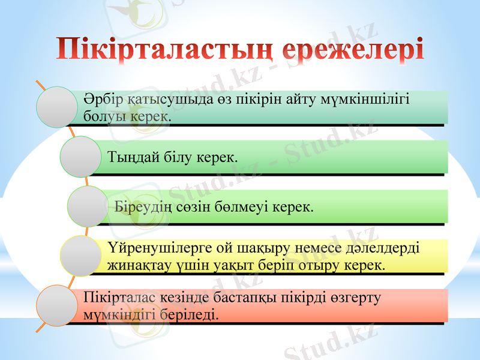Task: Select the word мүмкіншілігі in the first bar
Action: [x=374, y=99]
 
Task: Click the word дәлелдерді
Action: [x=388, y=248]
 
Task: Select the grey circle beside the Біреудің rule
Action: [x=88, y=206]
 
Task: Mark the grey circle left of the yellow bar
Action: [x=80, y=256]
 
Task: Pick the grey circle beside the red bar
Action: [x=58, y=305]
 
